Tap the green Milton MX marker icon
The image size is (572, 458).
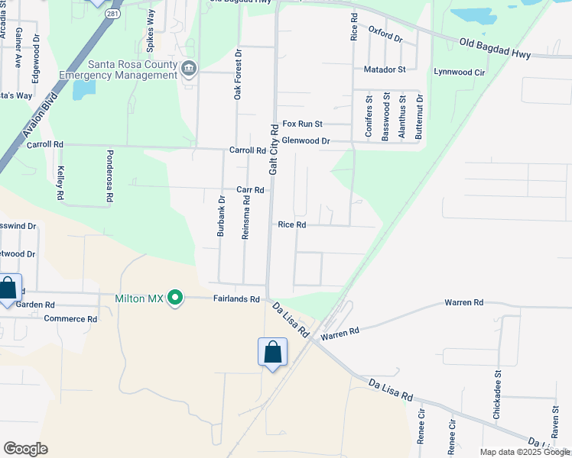(x=175, y=298)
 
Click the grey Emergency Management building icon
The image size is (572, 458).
(x=188, y=70)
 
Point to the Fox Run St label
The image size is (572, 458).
(x=303, y=124)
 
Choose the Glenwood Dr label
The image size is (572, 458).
(x=305, y=141)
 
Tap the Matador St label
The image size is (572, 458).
(x=384, y=69)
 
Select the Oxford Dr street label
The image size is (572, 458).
(x=385, y=34)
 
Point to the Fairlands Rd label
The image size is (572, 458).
(x=236, y=299)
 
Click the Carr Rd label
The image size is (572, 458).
(x=250, y=190)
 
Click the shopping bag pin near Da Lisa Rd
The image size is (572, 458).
(x=273, y=352)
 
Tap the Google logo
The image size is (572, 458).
(x=25, y=449)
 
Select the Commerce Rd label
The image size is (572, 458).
(x=70, y=319)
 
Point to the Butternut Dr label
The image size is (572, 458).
(x=418, y=117)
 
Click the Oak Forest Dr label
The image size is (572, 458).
(x=238, y=75)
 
